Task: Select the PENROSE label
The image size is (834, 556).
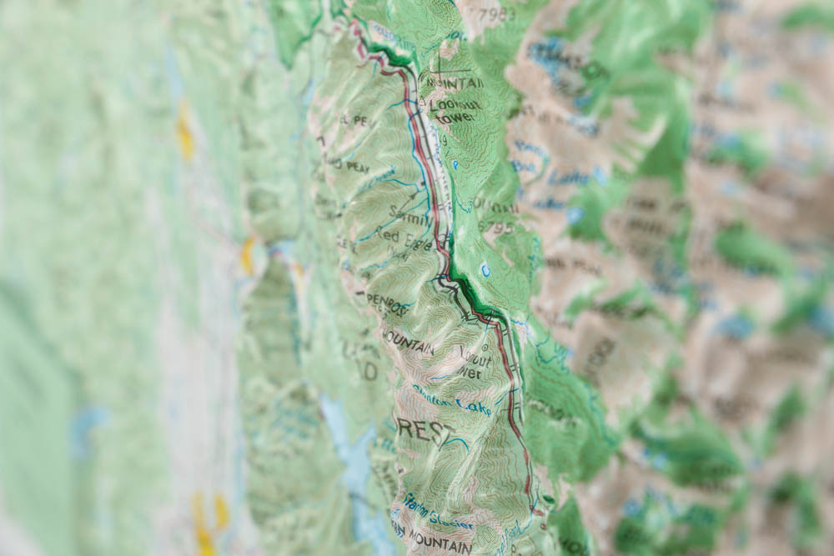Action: pyautogui.click(x=388, y=306)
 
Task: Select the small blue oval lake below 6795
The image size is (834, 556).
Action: pyautogui.click(x=485, y=269)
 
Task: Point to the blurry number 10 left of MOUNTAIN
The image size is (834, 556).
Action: pyautogui.click(x=368, y=371)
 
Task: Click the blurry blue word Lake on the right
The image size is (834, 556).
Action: pyautogui.click(x=575, y=176)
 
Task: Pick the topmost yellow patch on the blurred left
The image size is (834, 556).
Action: pyautogui.click(x=184, y=133)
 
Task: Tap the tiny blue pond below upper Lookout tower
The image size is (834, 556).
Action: pyautogui.click(x=455, y=165)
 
